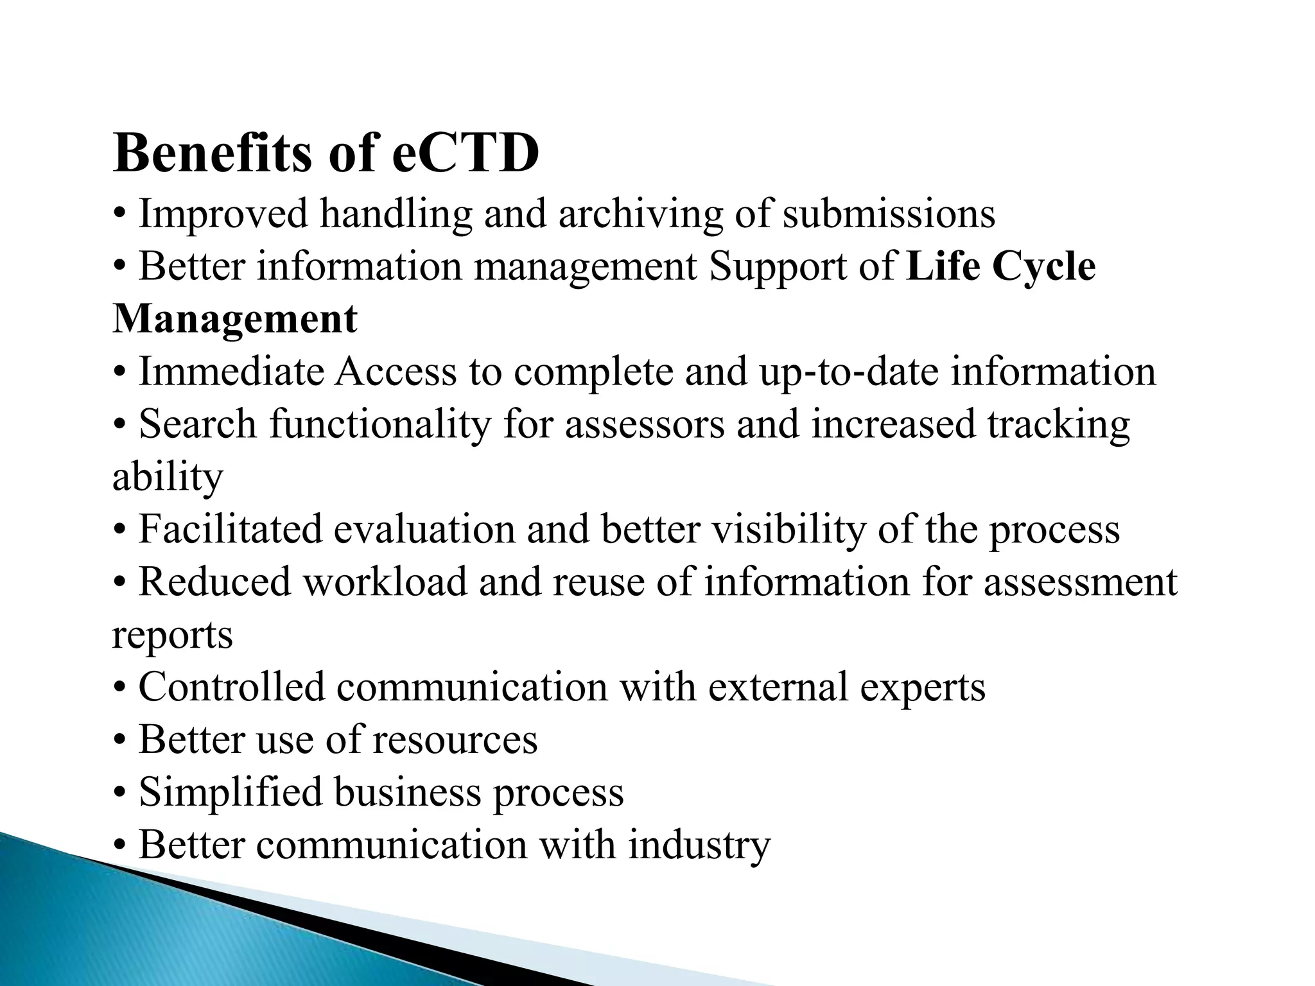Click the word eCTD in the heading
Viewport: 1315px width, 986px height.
(x=466, y=153)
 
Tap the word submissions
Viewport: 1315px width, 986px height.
(x=889, y=214)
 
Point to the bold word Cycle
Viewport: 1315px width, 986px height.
(x=1043, y=266)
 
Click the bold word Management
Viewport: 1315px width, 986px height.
(x=235, y=319)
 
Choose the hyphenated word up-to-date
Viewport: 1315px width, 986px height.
(x=849, y=372)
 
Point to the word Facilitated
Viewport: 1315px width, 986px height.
(x=231, y=530)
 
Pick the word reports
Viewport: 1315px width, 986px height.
(x=172, y=635)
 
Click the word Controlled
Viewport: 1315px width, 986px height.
(x=232, y=688)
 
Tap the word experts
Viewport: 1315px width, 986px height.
(x=922, y=688)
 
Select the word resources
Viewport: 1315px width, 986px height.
(x=455, y=740)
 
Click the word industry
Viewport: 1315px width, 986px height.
(x=699, y=845)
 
